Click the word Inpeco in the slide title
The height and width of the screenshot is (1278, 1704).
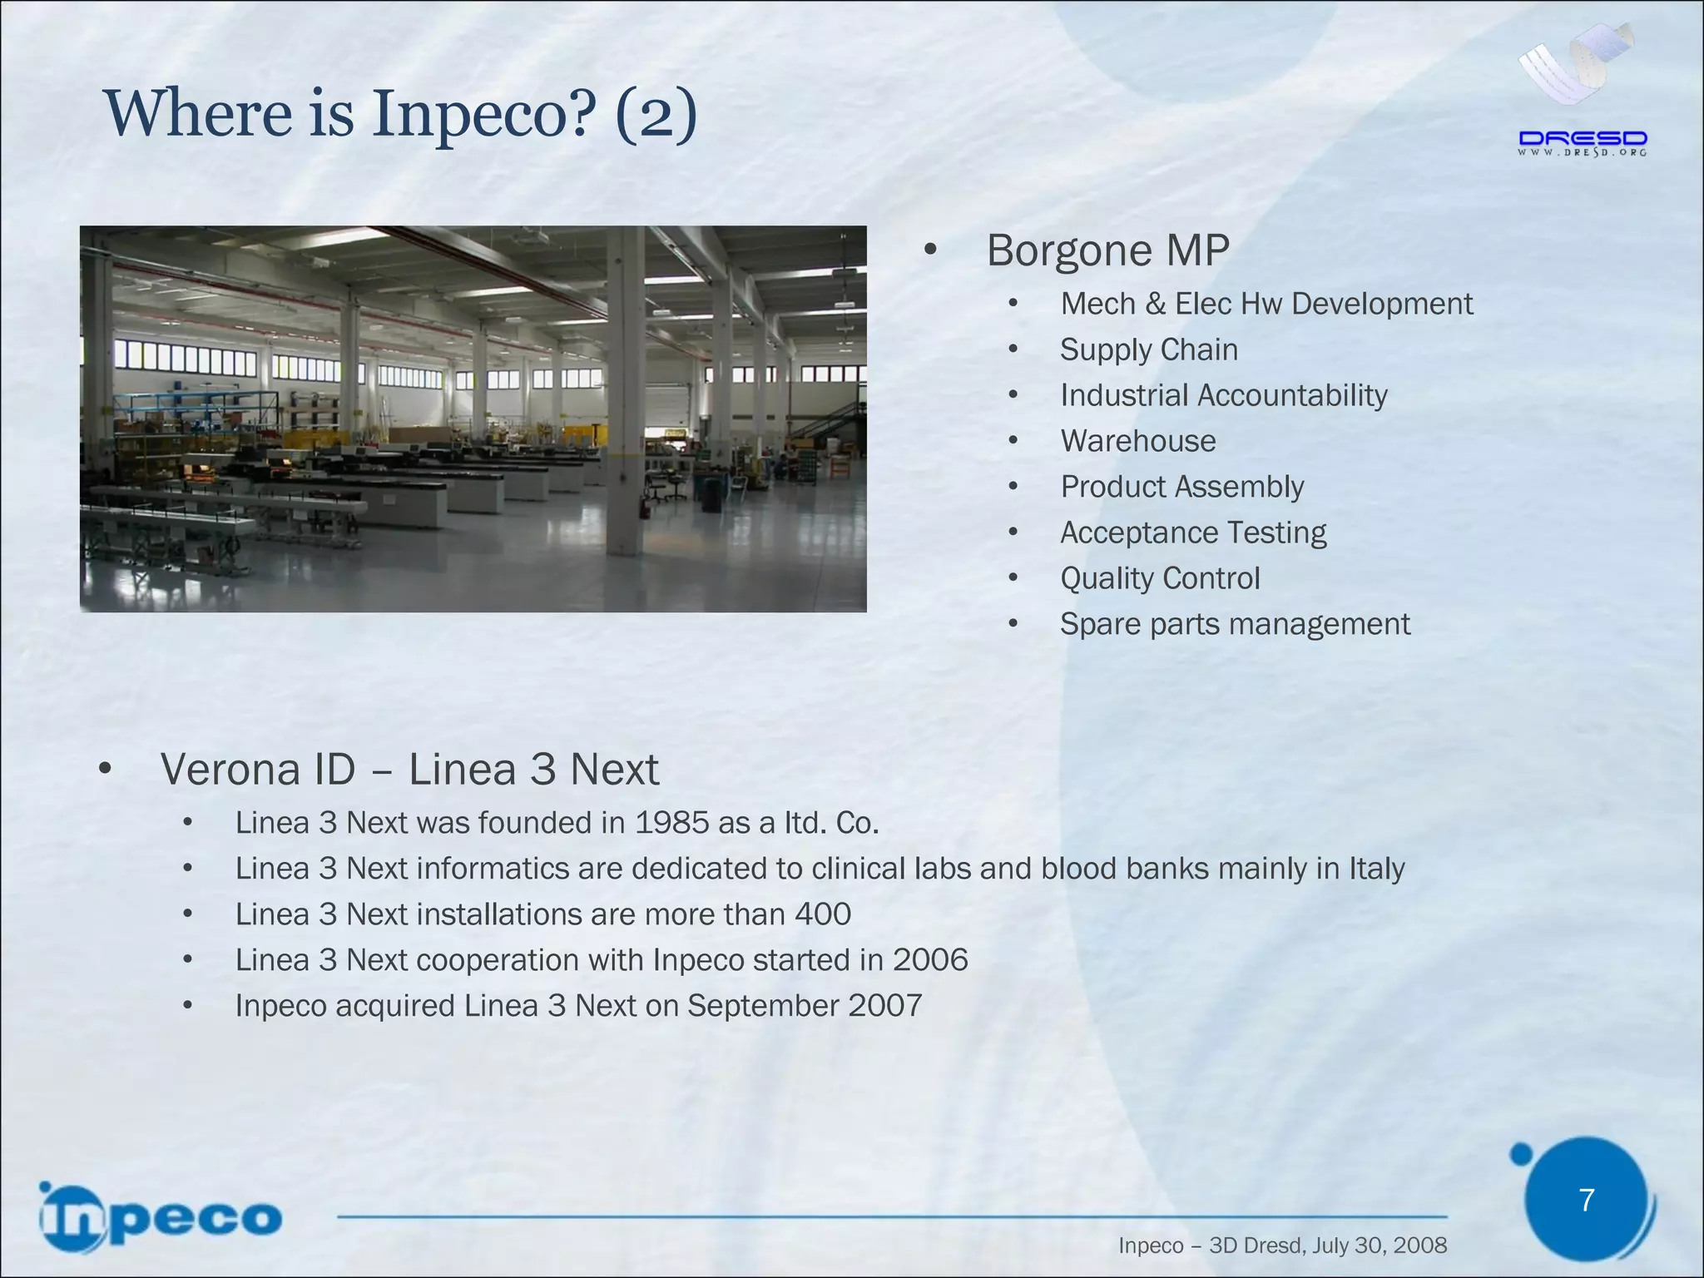coord(483,115)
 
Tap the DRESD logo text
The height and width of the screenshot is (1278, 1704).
coord(1583,140)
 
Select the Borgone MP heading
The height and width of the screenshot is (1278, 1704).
coord(1107,250)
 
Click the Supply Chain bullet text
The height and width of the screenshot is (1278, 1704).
coord(1148,349)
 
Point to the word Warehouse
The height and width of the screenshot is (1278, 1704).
coord(1137,441)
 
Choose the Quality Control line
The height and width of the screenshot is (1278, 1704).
coord(1160,578)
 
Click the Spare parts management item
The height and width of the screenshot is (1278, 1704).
coord(1235,624)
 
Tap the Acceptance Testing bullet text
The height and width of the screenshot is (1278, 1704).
coord(1193,532)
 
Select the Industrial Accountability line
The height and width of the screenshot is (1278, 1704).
coord(1223,395)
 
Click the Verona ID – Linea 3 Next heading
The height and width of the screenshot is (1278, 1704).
coord(409,769)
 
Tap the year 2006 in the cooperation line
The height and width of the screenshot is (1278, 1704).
coord(930,960)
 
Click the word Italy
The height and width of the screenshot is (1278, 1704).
coord(1376,869)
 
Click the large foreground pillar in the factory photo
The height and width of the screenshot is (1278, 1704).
coord(625,391)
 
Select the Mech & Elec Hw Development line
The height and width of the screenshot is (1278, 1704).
coord(1266,304)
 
